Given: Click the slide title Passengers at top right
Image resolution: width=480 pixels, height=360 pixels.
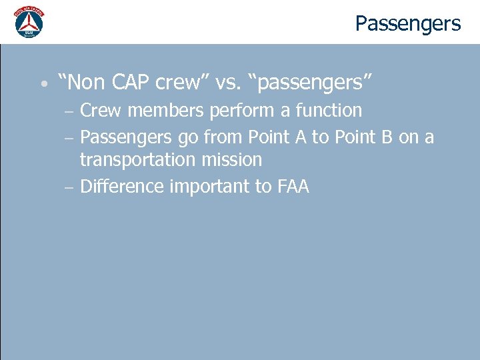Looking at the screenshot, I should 407,24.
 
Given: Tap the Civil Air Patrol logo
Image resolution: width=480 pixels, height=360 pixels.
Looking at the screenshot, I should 29,22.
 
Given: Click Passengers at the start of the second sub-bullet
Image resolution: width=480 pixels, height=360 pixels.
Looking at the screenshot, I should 127,138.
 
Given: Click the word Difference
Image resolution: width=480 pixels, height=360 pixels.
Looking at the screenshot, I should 122,187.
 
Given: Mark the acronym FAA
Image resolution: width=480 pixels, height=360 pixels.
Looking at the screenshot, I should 292,187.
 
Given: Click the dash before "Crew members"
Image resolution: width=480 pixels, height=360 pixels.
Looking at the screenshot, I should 70,111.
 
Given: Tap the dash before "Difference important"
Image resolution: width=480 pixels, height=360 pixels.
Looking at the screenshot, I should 70,187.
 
